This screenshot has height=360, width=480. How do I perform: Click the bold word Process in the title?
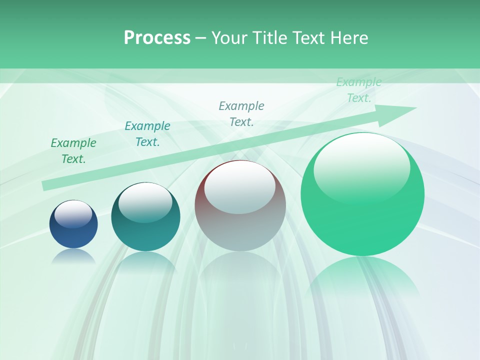coord(157,37)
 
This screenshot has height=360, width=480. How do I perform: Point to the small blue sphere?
coord(73,224)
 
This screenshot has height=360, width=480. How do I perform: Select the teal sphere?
coord(145,217)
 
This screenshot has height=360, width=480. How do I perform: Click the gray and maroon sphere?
coord(240,205)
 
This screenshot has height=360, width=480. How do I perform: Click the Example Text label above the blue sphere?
coord(73,151)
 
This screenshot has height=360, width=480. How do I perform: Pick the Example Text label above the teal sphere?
coord(147,134)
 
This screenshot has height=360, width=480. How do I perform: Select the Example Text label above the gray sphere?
coord(241,113)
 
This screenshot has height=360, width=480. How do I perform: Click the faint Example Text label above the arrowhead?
coord(358,90)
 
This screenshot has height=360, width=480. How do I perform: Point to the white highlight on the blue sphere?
coord(73,214)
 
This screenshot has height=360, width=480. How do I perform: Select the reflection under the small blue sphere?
coord(73,256)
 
